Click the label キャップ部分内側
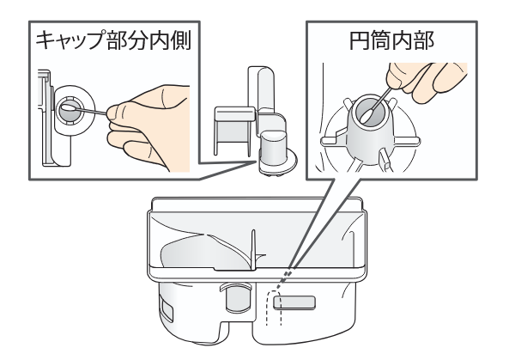click(113, 40)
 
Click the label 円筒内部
click(391, 40)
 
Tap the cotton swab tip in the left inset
click(69, 108)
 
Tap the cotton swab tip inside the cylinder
click(367, 116)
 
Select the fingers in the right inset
click(425, 81)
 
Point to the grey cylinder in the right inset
click(370, 130)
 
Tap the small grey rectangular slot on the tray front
click(294, 302)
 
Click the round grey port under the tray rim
click(238, 298)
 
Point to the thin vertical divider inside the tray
click(253, 249)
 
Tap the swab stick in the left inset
click(93, 112)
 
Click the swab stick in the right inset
click(381, 97)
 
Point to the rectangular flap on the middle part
click(233, 131)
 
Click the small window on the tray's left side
click(167, 311)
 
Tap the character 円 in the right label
click(360, 40)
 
